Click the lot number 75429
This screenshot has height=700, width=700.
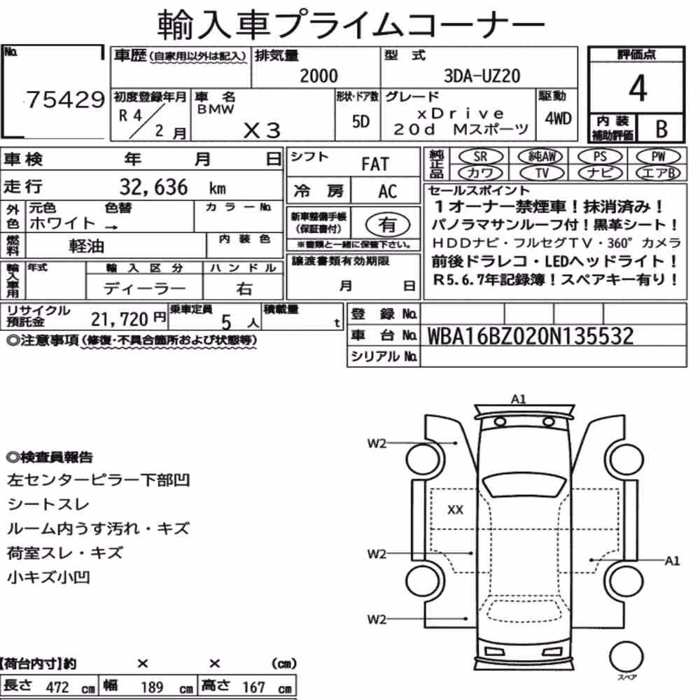coord(65,99)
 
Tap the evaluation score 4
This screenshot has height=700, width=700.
coord(638,88)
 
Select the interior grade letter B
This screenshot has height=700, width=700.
coord(661,129)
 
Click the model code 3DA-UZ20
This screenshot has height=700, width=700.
coord(482,76)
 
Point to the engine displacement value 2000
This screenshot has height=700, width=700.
coord(318,76)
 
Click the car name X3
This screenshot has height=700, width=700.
coord(262,130)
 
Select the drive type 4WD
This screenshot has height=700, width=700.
coord(558,118)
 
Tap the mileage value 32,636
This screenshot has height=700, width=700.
coord(153,187)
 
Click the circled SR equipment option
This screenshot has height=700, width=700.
coord(480,157)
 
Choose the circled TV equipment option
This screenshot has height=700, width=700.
coord(542,173)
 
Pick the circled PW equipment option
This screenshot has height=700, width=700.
coord(658,157)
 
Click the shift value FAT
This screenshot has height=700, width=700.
coord(375,164)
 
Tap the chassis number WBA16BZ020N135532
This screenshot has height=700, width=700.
coord(531,336)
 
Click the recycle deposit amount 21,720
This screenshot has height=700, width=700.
coord(119,319)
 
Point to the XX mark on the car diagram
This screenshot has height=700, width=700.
coord(455,510)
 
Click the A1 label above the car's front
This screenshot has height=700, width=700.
coord(518,399)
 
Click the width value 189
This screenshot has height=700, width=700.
coord(152,687)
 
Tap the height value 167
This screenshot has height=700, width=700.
coord(253,687)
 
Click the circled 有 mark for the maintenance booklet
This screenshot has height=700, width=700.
coord(387,225)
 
